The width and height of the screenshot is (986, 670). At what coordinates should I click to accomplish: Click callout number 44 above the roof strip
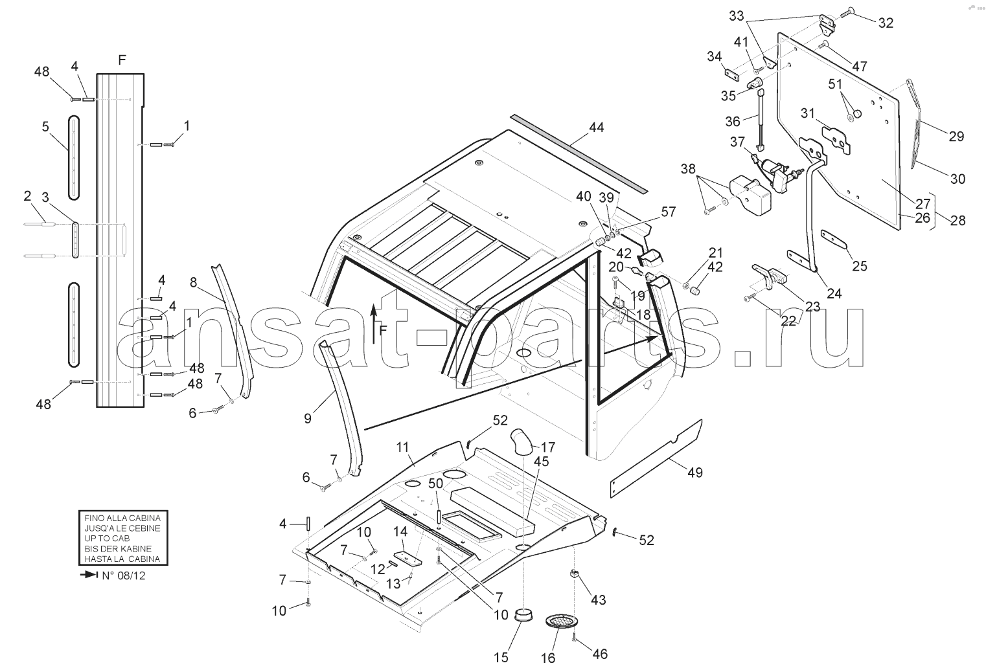coord(596,128)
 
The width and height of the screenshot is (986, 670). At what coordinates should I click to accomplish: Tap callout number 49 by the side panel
coord(694,473)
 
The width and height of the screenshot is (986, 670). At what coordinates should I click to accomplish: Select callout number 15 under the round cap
coord(501,658)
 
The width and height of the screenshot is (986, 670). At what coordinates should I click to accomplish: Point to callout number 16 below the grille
coord(548,658)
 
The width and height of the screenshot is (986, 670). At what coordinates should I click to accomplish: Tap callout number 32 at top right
coord(886,23)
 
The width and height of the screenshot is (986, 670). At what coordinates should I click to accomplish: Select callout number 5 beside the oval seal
coord(45,127)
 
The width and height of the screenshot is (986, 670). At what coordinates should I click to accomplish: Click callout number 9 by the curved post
coord(307,418)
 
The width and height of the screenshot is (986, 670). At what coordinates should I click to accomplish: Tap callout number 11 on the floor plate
coord(403,447)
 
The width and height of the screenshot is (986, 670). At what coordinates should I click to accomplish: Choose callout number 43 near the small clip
coord(598,600)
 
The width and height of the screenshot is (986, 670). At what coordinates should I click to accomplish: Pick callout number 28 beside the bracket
coord(957,220)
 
